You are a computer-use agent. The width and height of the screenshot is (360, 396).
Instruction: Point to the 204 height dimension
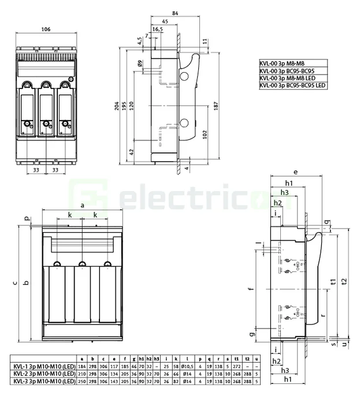pyautogui.click(x=117, y=107)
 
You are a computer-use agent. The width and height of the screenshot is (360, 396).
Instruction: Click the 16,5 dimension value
pyautogui.click(x=157, y=29)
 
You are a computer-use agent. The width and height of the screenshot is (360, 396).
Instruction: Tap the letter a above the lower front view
pyautogui.click(x=83, y=205)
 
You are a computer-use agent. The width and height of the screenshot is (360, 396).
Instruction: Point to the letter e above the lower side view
pyautogui.click(x=295, y=172)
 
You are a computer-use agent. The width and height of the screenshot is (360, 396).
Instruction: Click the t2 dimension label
pyautogui.click(x=344, y=281)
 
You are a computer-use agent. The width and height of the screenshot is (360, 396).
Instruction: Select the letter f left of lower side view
pyautogui.click(x=250, y=289)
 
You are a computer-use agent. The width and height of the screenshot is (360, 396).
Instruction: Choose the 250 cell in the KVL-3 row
pyautogui.click(x=82, y=380)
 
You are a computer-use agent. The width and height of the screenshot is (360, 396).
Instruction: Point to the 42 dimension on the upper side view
pyautogui.click(x=131, y=151)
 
